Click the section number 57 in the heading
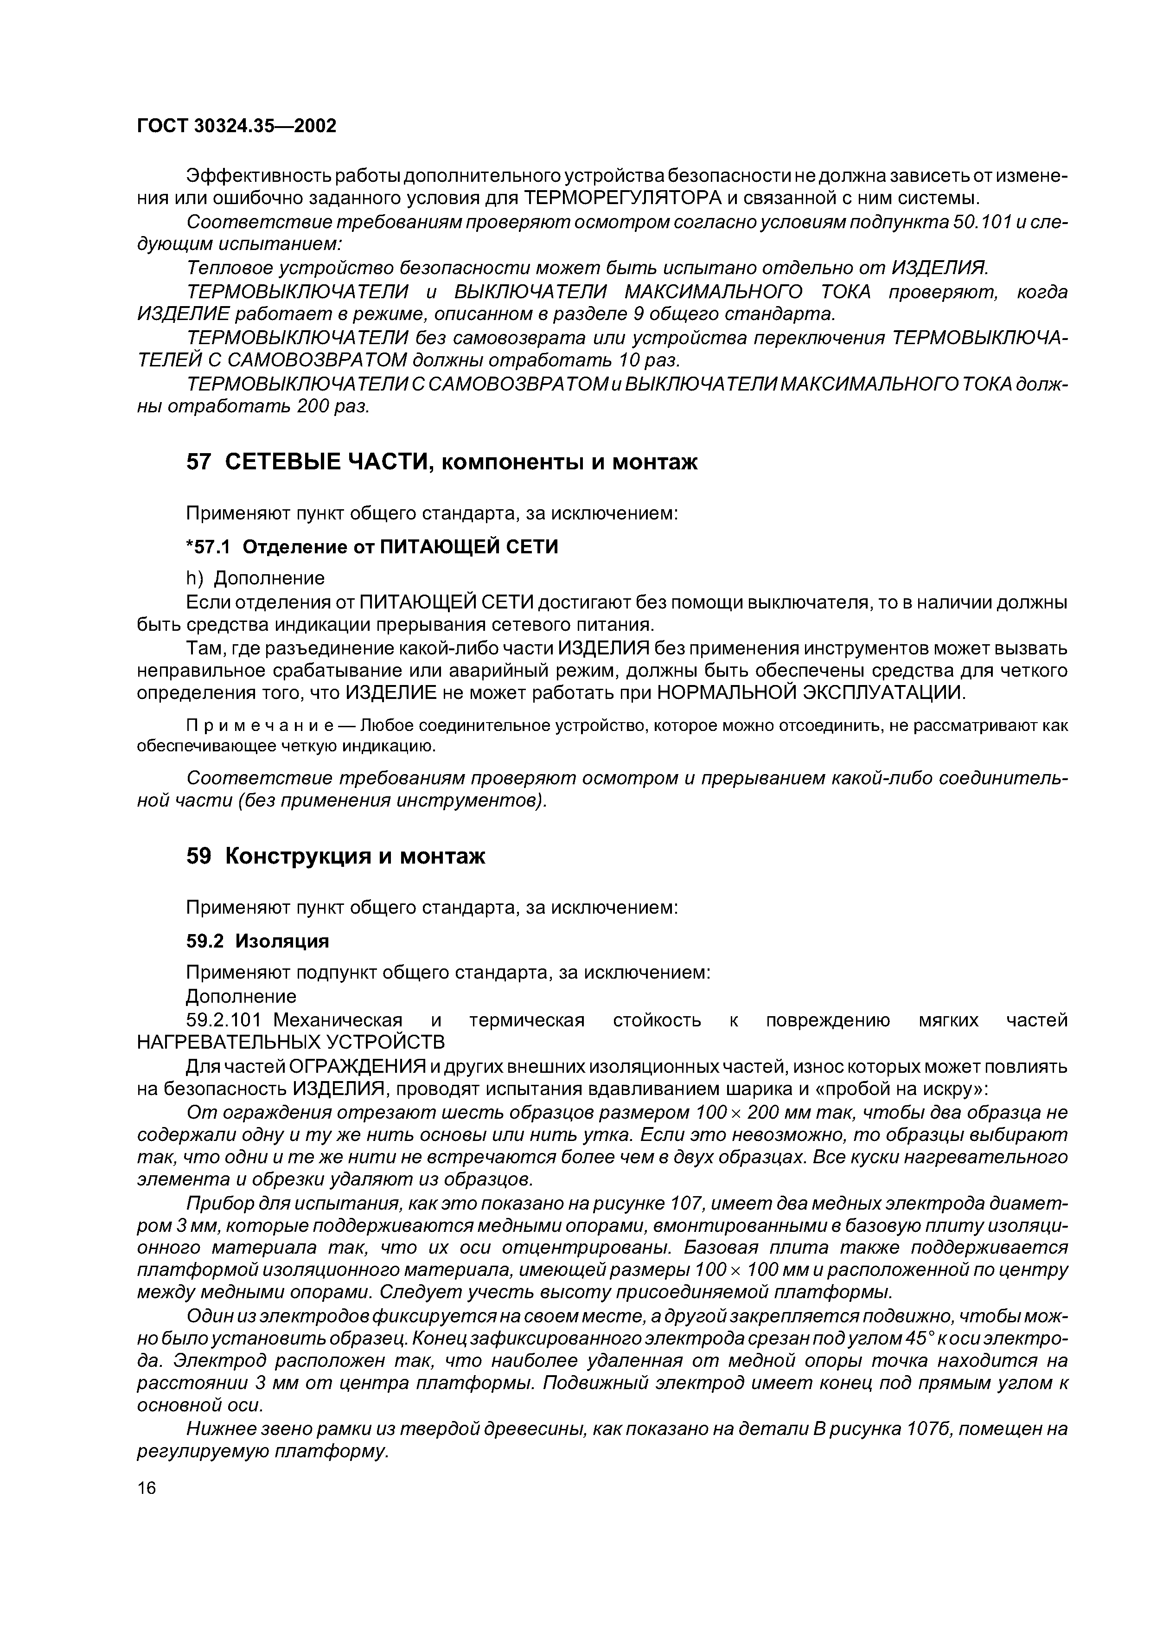[x=198, y=462]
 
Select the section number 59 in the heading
[x=198, y=856]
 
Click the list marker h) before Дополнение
[x=194, y=578]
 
